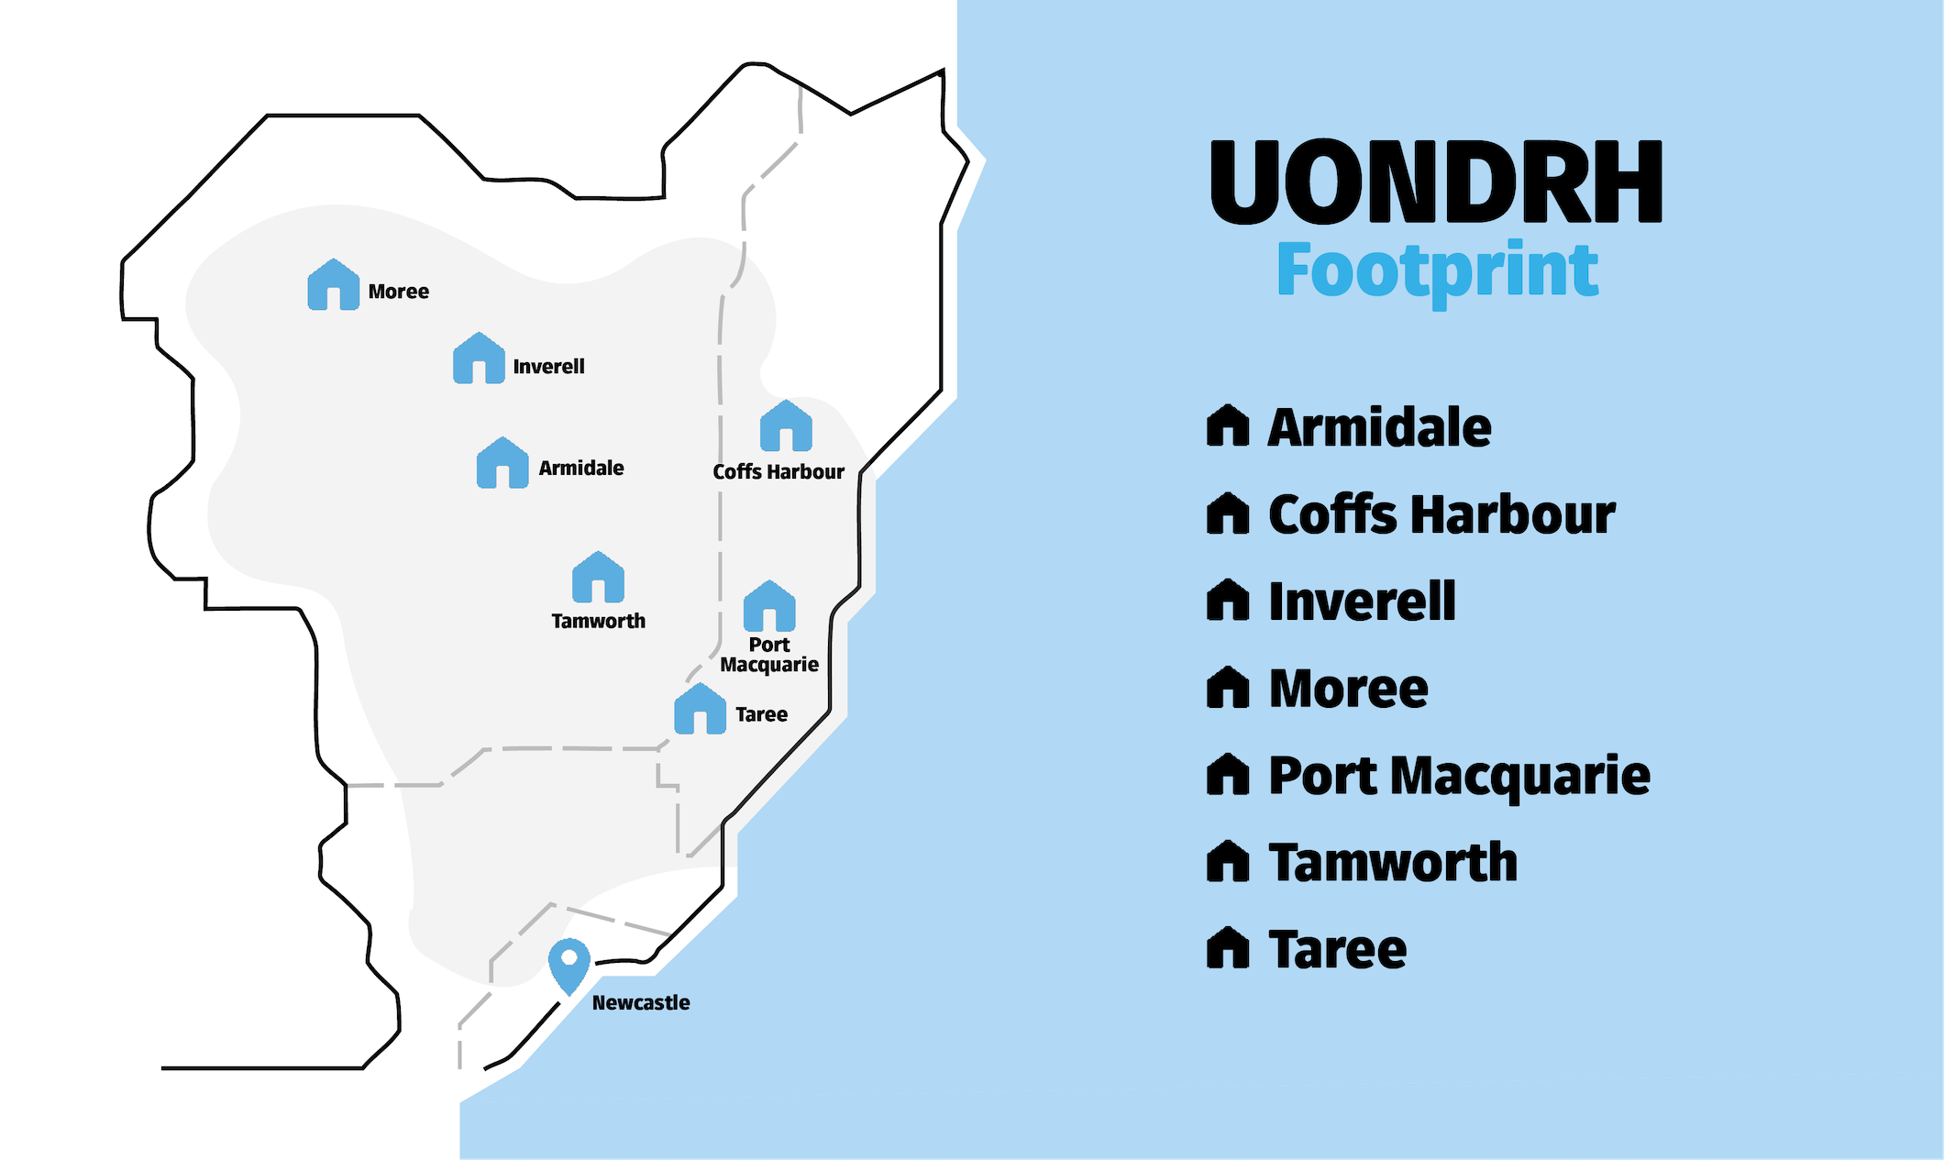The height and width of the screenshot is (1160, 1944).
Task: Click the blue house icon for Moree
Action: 333,285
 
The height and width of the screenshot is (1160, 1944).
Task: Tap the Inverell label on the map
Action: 548,367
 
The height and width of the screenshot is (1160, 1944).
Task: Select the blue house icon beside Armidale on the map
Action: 503,463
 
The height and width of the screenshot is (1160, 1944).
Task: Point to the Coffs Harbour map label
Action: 779,472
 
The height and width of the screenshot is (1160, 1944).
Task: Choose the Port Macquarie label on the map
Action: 769,655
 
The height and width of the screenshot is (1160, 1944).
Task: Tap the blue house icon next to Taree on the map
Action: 701,709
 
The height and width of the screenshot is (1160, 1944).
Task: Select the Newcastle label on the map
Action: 641,1003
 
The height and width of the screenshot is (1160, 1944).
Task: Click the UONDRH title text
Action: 1436,182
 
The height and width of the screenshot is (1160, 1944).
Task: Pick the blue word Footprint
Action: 1437,270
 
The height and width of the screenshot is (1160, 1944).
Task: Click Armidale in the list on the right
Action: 1379,428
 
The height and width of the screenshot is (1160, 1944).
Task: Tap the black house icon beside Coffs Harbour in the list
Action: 1228,514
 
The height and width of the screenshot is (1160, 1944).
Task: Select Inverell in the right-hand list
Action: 1362,602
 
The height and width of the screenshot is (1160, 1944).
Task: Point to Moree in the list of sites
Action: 1348,689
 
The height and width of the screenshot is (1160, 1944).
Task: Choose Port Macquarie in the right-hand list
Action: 1459,776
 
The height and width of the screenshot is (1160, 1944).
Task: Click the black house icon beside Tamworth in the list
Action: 1228,862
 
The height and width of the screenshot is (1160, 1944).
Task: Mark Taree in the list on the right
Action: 1337,949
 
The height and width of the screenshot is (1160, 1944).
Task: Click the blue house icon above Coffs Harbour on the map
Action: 786,426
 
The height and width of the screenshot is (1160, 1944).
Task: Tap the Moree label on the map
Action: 399,292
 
